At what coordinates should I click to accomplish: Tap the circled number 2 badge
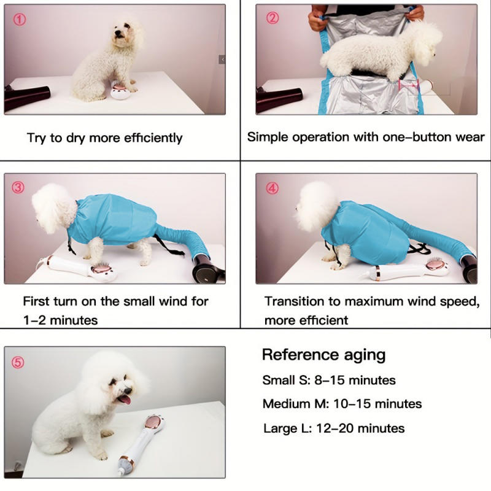click(273, 18)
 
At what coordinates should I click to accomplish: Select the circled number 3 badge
click(18, 187)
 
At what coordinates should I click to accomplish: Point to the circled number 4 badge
click(271, 187)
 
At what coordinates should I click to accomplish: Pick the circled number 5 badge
click(19, 362)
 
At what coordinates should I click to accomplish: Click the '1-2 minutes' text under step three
click(60, 320)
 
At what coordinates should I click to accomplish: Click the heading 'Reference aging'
click(323, 355)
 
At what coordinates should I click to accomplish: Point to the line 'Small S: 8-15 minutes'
click(329, 380)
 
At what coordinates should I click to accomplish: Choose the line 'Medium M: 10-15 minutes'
click(342, 404)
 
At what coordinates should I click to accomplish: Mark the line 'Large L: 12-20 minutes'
click(334, 428)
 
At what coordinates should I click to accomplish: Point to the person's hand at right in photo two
click(415, 12)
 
